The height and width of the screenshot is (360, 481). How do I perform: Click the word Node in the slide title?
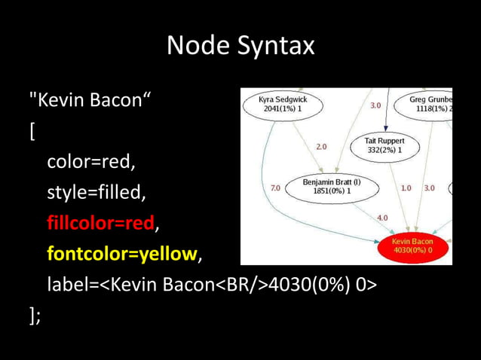point(198,46)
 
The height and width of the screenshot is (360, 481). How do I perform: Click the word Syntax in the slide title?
point(274,47)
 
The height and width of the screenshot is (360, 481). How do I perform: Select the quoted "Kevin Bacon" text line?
point(89,100)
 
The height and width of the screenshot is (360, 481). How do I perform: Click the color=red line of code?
point(91,162)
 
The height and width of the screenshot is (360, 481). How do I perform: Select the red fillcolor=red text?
point(100,224)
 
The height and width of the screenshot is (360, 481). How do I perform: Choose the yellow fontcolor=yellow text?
point(121,255)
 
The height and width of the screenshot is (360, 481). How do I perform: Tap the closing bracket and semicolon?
point(35,316)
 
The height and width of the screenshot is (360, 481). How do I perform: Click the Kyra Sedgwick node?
point(283,104)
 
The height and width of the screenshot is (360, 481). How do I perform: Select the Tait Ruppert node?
point(384,145)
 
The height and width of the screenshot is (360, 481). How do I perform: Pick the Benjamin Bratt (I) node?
point(332,186)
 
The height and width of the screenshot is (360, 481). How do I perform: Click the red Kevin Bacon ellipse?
point(412,246)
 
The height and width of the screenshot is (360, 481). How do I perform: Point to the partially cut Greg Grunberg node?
point(430,104)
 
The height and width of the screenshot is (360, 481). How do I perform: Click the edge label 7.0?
point(276,188)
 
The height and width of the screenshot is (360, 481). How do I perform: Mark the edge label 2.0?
point(321,146)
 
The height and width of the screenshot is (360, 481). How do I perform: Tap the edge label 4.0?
point(382,218)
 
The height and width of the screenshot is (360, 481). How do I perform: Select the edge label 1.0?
point(406,188)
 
